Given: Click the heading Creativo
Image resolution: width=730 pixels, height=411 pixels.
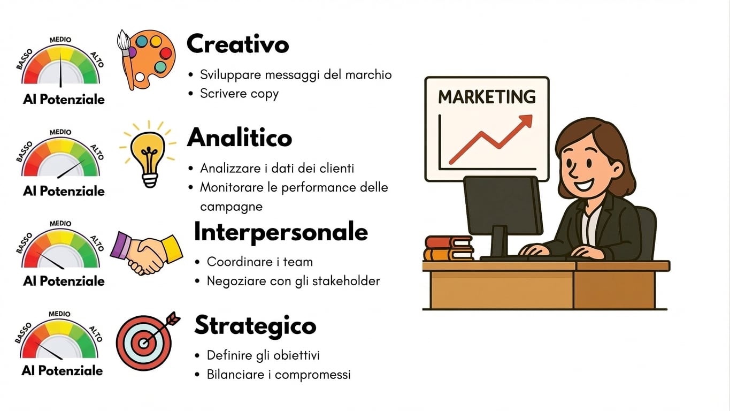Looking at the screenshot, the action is (x=238, y=44).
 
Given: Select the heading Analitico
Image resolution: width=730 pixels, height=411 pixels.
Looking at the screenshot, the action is (x=240, y=138).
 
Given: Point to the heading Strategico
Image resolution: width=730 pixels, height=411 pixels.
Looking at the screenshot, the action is (x=255, y=325).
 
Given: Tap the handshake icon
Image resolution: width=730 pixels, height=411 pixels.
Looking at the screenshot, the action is (x=147, y=253).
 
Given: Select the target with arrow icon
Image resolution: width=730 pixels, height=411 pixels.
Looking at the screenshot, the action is (x=147, y=341).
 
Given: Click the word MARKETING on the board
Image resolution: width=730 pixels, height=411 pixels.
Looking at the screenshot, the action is (x=487, y=97).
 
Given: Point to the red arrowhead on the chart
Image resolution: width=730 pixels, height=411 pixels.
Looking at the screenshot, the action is (x=525, y=121).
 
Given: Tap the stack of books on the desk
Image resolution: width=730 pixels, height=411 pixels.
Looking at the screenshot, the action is (x=448, y=248).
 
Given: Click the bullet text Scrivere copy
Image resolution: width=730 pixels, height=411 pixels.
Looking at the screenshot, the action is (x=240, y=94).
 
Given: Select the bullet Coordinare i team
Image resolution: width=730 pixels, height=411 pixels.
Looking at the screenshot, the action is (x=260, y=262).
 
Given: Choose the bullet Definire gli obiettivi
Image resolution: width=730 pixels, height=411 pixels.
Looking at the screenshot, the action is (x=263, y=355).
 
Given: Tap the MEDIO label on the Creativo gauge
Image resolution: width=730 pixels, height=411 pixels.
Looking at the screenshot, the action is (x=60, y=40).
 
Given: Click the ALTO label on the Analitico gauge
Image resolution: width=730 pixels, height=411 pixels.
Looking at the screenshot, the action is (x=97, y=152).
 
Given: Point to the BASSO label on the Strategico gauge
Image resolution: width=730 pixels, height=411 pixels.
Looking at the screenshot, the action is (x=23, y=333).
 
